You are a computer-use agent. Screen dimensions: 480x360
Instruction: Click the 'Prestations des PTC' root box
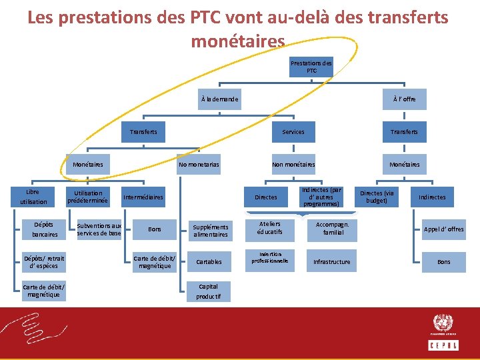[x=311, y=67]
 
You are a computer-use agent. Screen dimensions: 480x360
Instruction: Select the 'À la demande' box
[x=219, y=99]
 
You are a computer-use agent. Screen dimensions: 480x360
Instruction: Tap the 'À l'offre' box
[x=404, y=99]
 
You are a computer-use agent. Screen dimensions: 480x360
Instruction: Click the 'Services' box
[x=293, y=132]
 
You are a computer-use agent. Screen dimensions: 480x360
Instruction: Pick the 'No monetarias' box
[x=199, y=164]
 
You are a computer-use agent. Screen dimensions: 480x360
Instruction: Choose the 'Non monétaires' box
[x=293, y=164]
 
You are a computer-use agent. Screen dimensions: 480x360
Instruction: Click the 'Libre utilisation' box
[x=33, y=197]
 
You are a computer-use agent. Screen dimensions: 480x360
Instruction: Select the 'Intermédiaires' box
[x=142, y=197]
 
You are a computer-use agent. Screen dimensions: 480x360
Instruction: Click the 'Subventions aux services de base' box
[x=99, y=229]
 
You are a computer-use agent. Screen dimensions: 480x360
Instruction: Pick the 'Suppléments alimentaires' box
[x=211, y=230]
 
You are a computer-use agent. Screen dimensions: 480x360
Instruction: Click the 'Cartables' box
[x=209, y=262]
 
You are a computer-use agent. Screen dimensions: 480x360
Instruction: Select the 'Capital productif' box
[x=208, y=291]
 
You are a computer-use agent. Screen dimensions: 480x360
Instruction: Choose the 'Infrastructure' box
[x=331, y=262]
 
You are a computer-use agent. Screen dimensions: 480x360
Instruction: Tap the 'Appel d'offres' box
[x=444, y=229]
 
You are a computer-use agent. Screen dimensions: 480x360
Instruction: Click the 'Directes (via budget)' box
[x=377, y=197]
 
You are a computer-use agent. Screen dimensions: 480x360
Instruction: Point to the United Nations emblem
[x=443, y=323]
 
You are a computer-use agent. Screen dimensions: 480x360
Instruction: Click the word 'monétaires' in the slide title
[x=238, y=41]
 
